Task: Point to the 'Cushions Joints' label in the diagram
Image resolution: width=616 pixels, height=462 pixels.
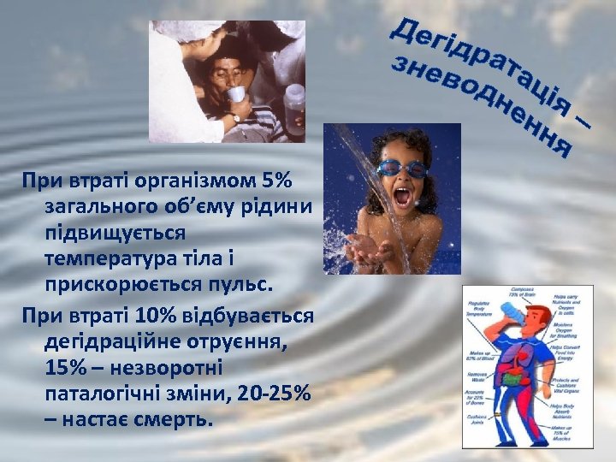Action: click(x=480, y=420)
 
